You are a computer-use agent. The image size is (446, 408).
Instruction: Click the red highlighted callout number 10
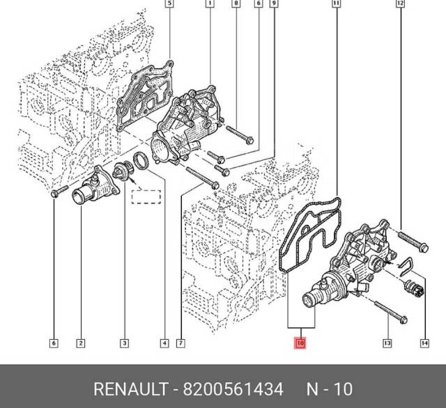click(x=300, y=343)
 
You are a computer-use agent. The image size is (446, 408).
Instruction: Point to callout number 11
click(x=337, y=5)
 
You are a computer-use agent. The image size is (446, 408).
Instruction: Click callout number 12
click(x=399, y=5)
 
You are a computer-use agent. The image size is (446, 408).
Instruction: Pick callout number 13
click(x=387, y=343)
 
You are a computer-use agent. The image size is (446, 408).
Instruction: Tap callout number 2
click(x=81, y=343)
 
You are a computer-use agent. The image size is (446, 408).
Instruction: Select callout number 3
click(x=123, y=343)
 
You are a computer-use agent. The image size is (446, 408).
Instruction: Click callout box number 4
click(x=164, y=343)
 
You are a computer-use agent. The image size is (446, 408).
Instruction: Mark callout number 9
click(x=274, y=5)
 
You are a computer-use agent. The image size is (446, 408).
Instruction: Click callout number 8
click(x=236, y=5)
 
